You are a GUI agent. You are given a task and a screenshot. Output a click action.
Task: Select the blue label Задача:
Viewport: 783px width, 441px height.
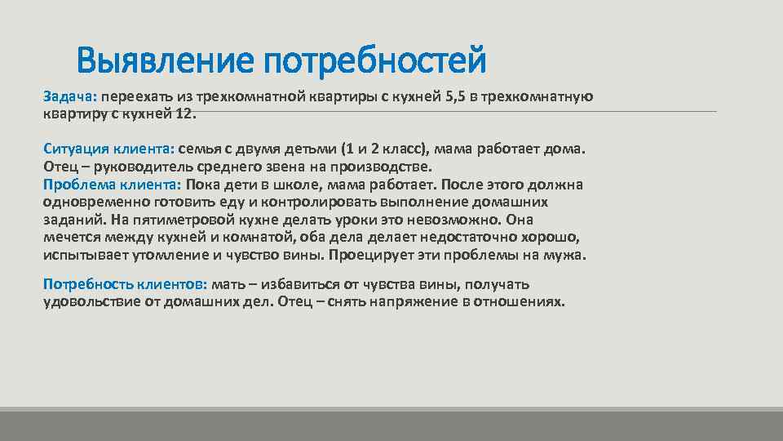click(x=70, y=97)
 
